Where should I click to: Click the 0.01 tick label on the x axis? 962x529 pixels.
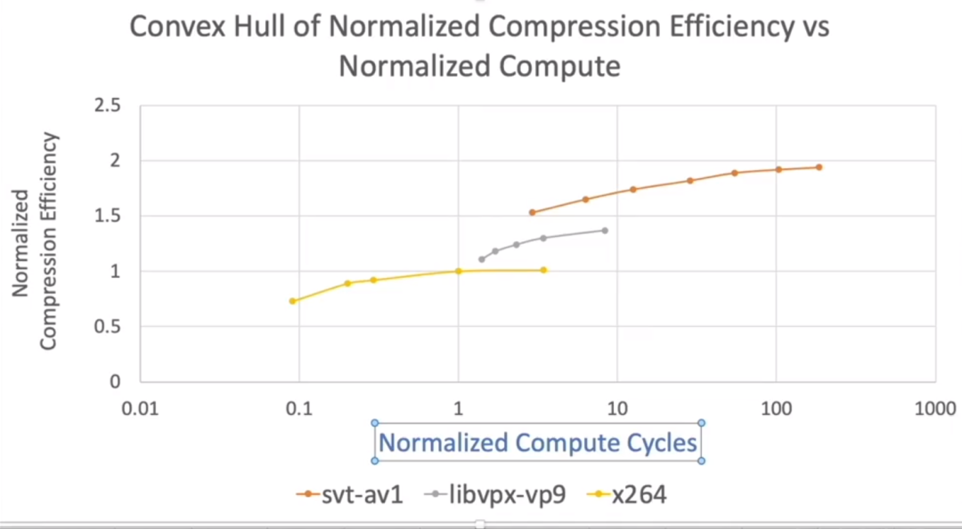(x=140, y=409)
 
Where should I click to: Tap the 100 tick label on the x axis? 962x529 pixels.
(x=777, y=409)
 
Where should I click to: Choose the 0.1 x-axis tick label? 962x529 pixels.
(x=298, y=409)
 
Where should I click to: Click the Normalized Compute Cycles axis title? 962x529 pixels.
(x=538, y=442)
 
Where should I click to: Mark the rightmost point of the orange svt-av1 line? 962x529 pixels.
(x=819, y=167)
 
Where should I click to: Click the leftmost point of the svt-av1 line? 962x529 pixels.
(x=532, y=212)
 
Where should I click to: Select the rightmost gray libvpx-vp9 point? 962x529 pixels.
(x=605, y=230)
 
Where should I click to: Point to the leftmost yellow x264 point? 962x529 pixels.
(x=292, y=300)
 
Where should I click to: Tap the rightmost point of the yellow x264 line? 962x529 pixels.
(x=543, y=270)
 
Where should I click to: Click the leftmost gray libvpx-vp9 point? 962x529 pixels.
(x=482, y=259)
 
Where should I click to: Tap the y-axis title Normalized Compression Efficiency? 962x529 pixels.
(x=36, y=240)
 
